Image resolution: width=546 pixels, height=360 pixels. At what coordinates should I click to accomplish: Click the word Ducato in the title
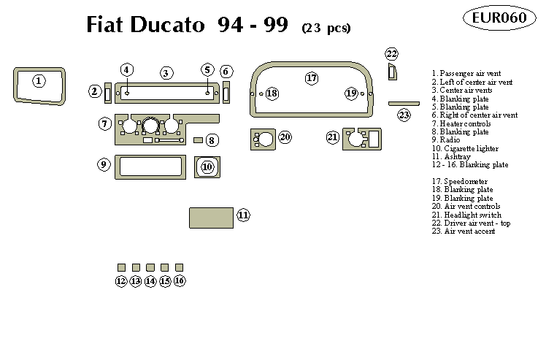pyautogui.click(x=169, y=26)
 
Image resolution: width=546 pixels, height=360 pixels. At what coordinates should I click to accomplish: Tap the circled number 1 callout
pyautogui.click(x=39, y=81)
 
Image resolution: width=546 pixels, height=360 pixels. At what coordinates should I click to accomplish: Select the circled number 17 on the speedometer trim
pyautogui.click(x=312, y=77)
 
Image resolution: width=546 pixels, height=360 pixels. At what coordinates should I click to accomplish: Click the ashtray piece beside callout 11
pyautogui.click(x=211, y=218)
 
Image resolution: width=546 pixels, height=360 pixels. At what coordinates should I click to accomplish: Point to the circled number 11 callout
pyautogui.click(x=243, y=215)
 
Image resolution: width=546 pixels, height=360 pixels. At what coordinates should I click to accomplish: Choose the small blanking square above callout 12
pyautogui.click(x=121, y=267)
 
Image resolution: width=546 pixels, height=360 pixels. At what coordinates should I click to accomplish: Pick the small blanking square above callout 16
pyautogui.click(x=179, y=267)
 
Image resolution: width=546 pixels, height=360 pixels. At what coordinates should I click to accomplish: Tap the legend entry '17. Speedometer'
pyautogui.click(x=460, y=181)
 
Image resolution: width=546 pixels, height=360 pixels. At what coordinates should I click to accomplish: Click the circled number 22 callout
pyautogui.click(x=392, y=54)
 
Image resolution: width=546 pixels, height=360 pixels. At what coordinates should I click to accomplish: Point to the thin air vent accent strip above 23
pyautogui.click(x=403, y=103)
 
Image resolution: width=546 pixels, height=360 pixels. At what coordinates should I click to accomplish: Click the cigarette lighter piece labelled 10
pyautogui.click(x=207, y=167)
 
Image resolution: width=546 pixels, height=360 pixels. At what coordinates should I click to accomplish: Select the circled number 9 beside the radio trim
pyautogui.click(x=104, y=165)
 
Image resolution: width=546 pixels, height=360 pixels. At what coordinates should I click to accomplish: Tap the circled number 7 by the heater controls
pyautogui.click(x=105, y=124)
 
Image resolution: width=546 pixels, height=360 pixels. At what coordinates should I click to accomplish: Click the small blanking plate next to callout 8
pyautogui.click(x=198, y=139)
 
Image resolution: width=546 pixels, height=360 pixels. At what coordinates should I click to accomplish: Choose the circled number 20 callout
pyautogui.click(x=285, y=137)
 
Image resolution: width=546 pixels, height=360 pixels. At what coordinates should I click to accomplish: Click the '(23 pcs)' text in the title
pyautogui.click(x=326, y=28)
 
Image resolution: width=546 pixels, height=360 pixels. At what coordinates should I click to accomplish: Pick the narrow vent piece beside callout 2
pyautogui.click(x=108, y=92)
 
